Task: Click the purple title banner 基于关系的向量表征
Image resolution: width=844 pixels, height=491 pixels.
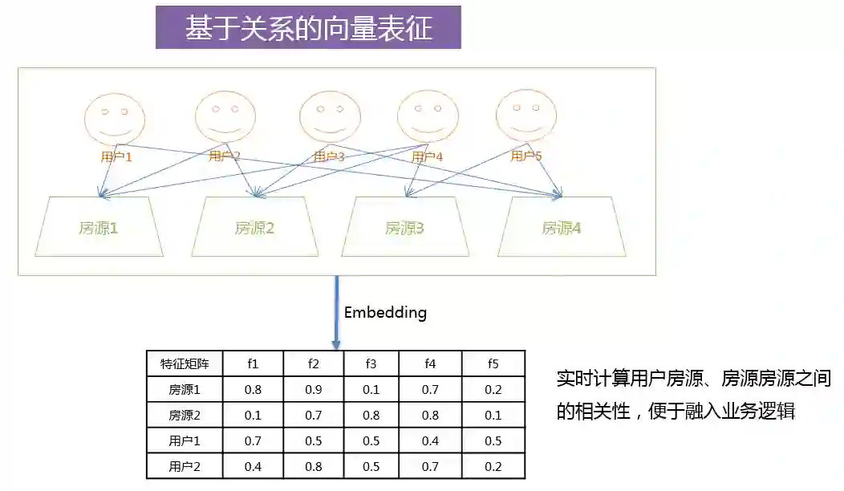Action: click(x=308, y=28)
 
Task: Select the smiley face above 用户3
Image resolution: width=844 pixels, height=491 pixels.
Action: click(x=329, y=117)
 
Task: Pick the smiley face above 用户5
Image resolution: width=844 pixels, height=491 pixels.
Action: click(x=525, y=115)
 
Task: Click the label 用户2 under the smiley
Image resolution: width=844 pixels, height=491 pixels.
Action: click(x=225, y=156)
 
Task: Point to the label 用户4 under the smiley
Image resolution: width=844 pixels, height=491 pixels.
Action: click(x=427, y=156)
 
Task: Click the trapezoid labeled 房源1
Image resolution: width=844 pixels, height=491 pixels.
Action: click(x=99, y=228)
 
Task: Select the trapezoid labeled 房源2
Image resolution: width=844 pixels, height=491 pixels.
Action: click(x=255, y=228)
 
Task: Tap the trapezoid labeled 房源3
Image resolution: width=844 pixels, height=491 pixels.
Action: click(x=404, y=228)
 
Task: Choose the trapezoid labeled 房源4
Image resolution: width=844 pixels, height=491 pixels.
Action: click(x=561, y=228)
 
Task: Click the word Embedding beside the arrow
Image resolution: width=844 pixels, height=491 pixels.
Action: click(x=385, y=313)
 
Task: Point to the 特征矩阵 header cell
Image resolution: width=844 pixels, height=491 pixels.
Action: click(x=185, y=363)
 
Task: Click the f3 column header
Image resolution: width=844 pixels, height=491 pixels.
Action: click(x=371, y=363)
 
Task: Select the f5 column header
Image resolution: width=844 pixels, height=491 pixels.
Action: click(x=493, y=363)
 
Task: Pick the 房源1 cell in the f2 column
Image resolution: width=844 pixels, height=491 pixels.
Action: click(x=313, y=390)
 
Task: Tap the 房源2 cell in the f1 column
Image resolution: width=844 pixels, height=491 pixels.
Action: click(x=253, y=416)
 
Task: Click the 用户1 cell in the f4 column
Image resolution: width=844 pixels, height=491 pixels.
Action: click(x=431, y=441)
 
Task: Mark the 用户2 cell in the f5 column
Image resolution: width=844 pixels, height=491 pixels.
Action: click(x=493, y=466)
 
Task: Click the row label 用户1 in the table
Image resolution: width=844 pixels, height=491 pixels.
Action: click(x=185, y=441)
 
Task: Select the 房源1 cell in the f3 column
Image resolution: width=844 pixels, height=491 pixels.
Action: click(x=371, y=390)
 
